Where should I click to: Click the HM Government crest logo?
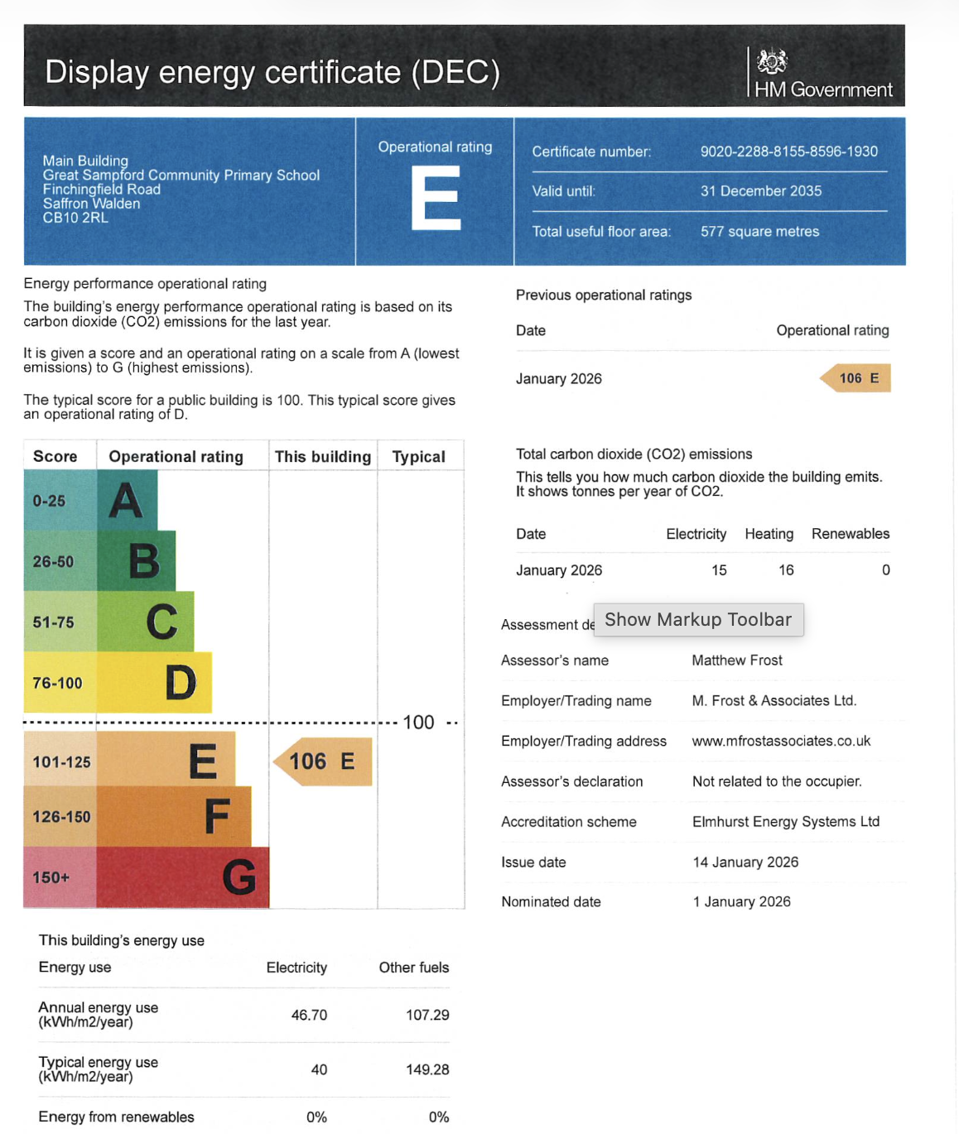772,61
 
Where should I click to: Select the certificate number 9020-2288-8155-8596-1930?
788,151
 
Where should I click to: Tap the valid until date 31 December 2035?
760,191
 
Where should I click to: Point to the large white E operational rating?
436,198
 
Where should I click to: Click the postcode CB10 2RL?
75,218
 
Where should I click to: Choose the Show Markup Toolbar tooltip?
698,620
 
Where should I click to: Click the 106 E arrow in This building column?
322,762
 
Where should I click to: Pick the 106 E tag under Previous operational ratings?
856,378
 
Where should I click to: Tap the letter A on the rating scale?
126,500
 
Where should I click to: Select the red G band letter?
239,877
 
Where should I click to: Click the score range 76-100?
58,683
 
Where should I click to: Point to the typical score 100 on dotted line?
418,723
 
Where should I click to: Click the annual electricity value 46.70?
309,1015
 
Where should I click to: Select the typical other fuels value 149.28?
427,1069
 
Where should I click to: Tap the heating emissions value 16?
786,570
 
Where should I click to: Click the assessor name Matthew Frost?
737,661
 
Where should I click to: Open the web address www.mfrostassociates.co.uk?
781,741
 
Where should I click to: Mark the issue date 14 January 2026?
745,863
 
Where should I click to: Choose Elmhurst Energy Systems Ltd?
786,822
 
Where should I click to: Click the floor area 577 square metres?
759,232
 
